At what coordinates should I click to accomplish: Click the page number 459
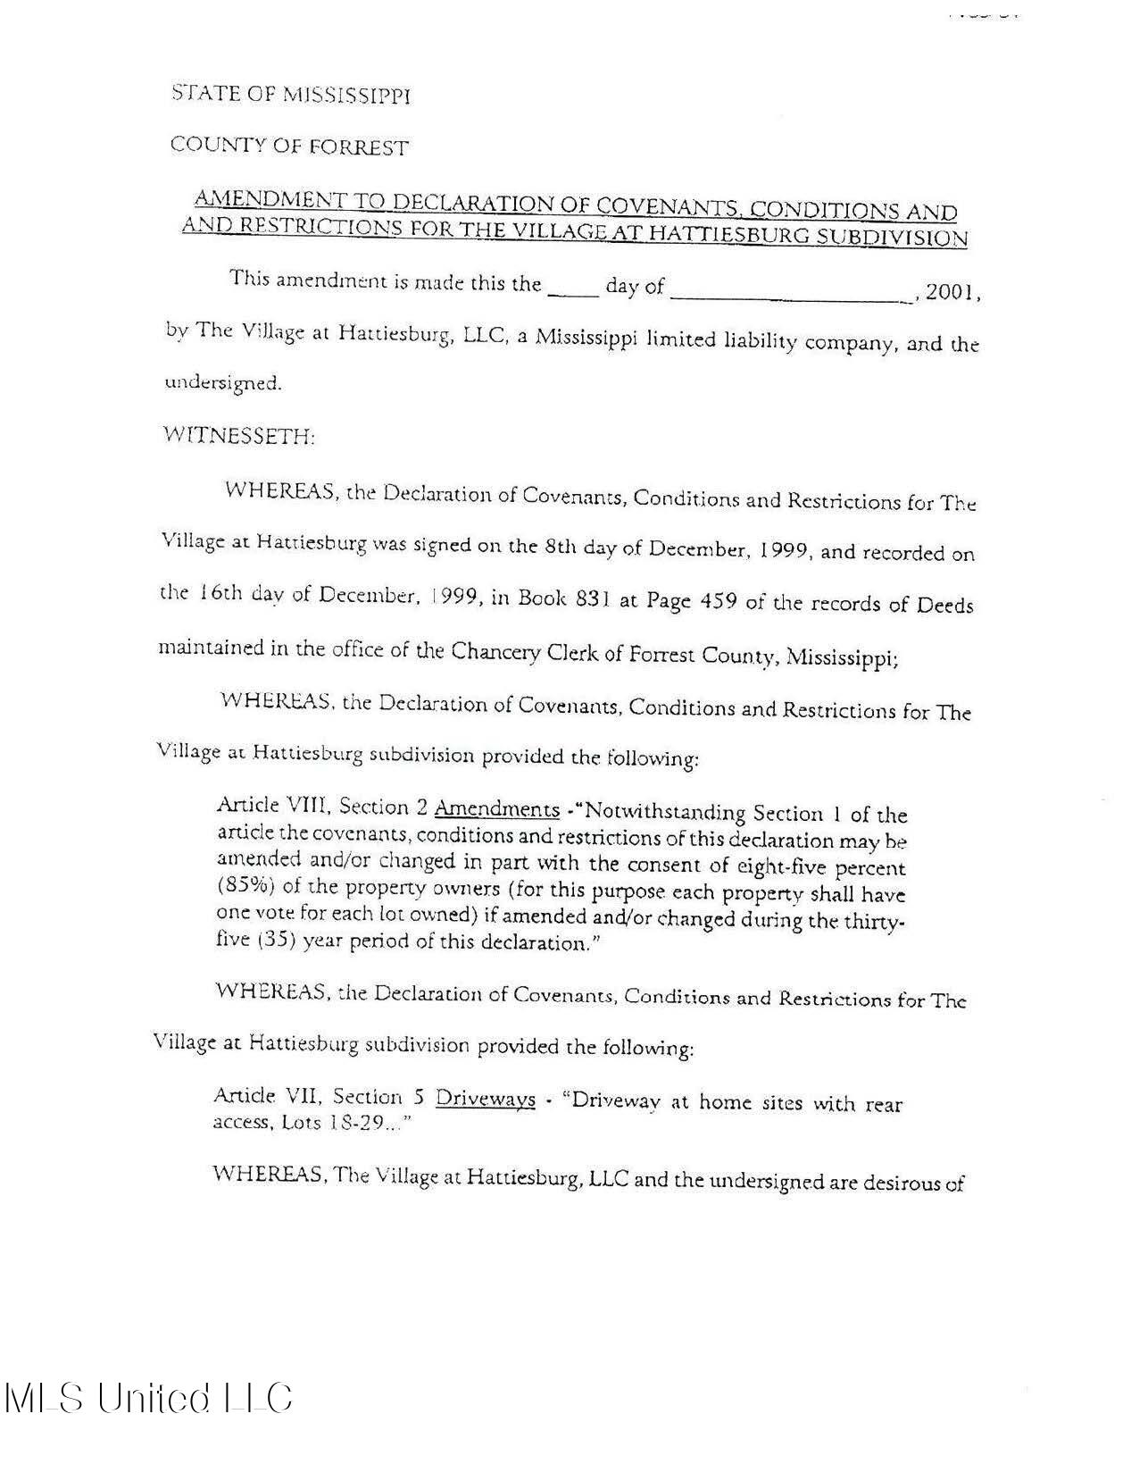[x=715, y=601]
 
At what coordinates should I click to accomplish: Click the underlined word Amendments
[x=496, y=810]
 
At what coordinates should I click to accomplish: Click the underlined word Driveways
[x=485, y=1099]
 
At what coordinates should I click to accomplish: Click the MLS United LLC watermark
[x=148, y=1397]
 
